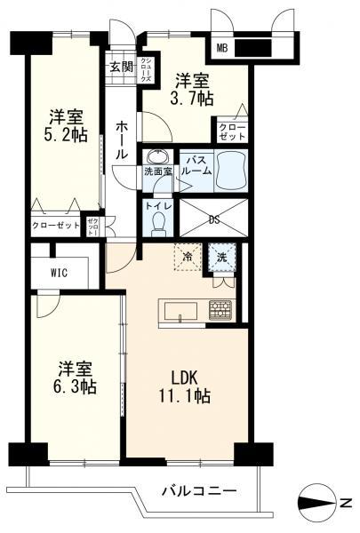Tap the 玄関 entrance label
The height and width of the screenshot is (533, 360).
(120, 66)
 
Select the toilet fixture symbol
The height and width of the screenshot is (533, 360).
(158, 223)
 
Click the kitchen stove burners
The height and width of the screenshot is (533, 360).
(220, 310)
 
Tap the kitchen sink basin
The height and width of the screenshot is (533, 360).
(182, 311)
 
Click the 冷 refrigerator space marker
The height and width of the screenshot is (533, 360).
(188, 255)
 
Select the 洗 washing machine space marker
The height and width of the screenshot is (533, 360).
(221, 256)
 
